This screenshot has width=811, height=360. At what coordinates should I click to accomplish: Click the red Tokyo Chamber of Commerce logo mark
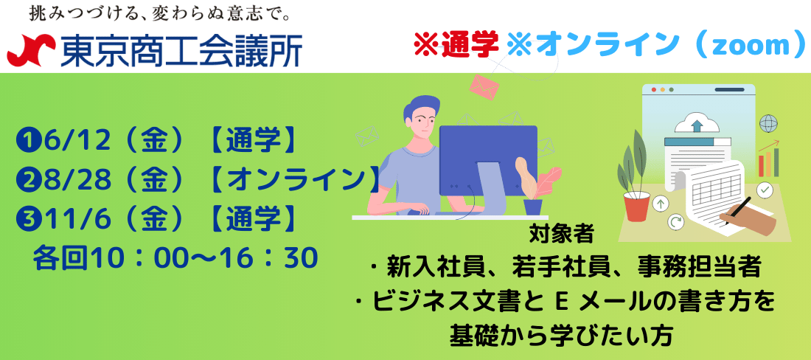[x=31, y=49]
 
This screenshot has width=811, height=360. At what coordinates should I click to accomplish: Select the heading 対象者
[x=562, y=235]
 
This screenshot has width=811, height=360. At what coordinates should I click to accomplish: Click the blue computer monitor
[x=488, y=155]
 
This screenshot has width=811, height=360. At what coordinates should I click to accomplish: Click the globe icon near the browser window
[x=768, y=124]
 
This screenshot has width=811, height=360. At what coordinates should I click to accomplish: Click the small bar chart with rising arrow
[x=768, y=159]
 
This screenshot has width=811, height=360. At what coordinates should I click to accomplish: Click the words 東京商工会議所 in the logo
[x=181, y=51]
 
